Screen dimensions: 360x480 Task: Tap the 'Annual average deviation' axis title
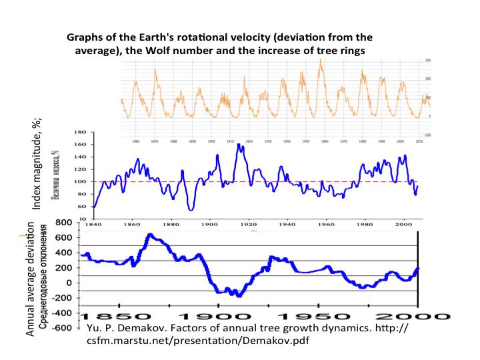31,279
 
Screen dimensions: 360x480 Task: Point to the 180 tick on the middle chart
80,131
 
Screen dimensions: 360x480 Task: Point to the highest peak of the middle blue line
238,145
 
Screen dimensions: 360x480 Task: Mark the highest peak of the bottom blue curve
150,235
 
